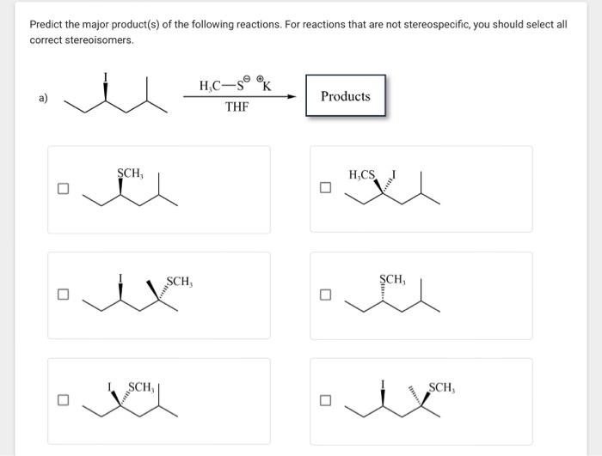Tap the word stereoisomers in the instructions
[95, 40]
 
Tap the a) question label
[42, 98]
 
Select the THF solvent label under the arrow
[236, 108]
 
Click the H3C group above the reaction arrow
[210, 86]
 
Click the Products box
[345, 96]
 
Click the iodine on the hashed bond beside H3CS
[394, 175]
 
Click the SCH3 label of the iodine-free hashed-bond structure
[392, 280]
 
